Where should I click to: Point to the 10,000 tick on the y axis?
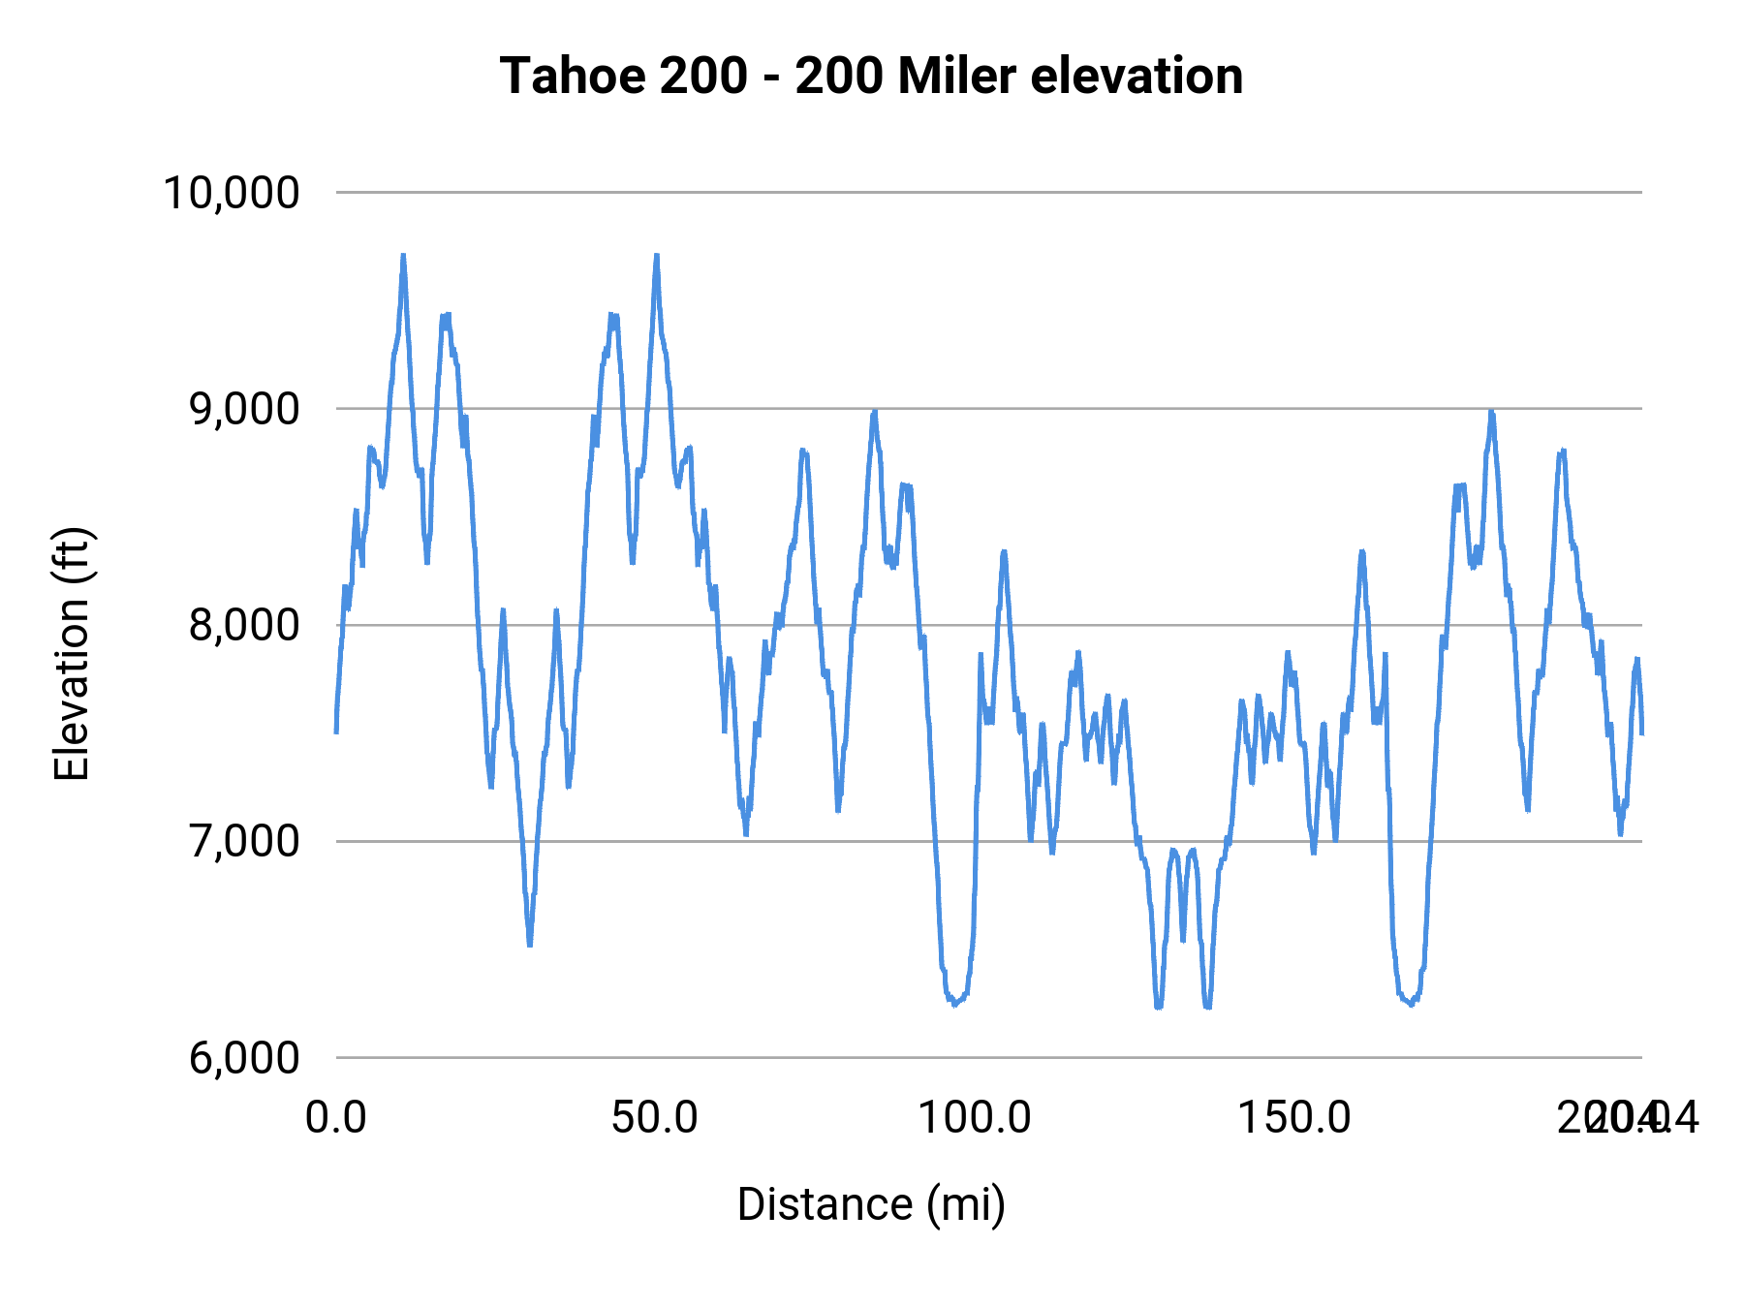232,193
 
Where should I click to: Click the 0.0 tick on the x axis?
335,1117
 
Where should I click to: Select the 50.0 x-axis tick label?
655,1117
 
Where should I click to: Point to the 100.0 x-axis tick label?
975,1117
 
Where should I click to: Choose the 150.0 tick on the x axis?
1294,1117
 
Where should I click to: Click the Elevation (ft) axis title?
71,654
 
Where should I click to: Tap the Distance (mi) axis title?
871,1204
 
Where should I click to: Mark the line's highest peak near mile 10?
403,257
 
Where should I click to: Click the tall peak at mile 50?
656,257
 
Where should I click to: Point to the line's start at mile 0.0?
336,732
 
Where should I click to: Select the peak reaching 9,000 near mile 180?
1492,414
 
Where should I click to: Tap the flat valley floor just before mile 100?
955,1003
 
